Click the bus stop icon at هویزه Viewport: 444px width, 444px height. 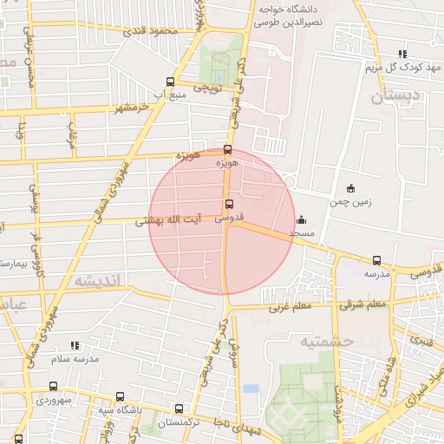(227, 149)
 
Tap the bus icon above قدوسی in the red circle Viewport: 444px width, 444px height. (229, 205)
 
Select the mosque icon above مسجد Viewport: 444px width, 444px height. (301, 219)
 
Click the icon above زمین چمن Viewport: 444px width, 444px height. (350, 189)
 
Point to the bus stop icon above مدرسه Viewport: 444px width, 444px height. (375, 259)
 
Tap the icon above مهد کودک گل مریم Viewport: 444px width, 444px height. (401, 53)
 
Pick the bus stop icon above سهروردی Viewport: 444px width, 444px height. (53, 387)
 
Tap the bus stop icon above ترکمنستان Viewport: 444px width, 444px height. (179, 408)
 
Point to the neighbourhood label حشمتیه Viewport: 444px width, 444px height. (328, 341)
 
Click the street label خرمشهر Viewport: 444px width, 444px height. (132, 108)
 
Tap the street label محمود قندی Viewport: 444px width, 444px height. (150, 32)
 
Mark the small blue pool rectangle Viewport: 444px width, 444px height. (251, 388)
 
